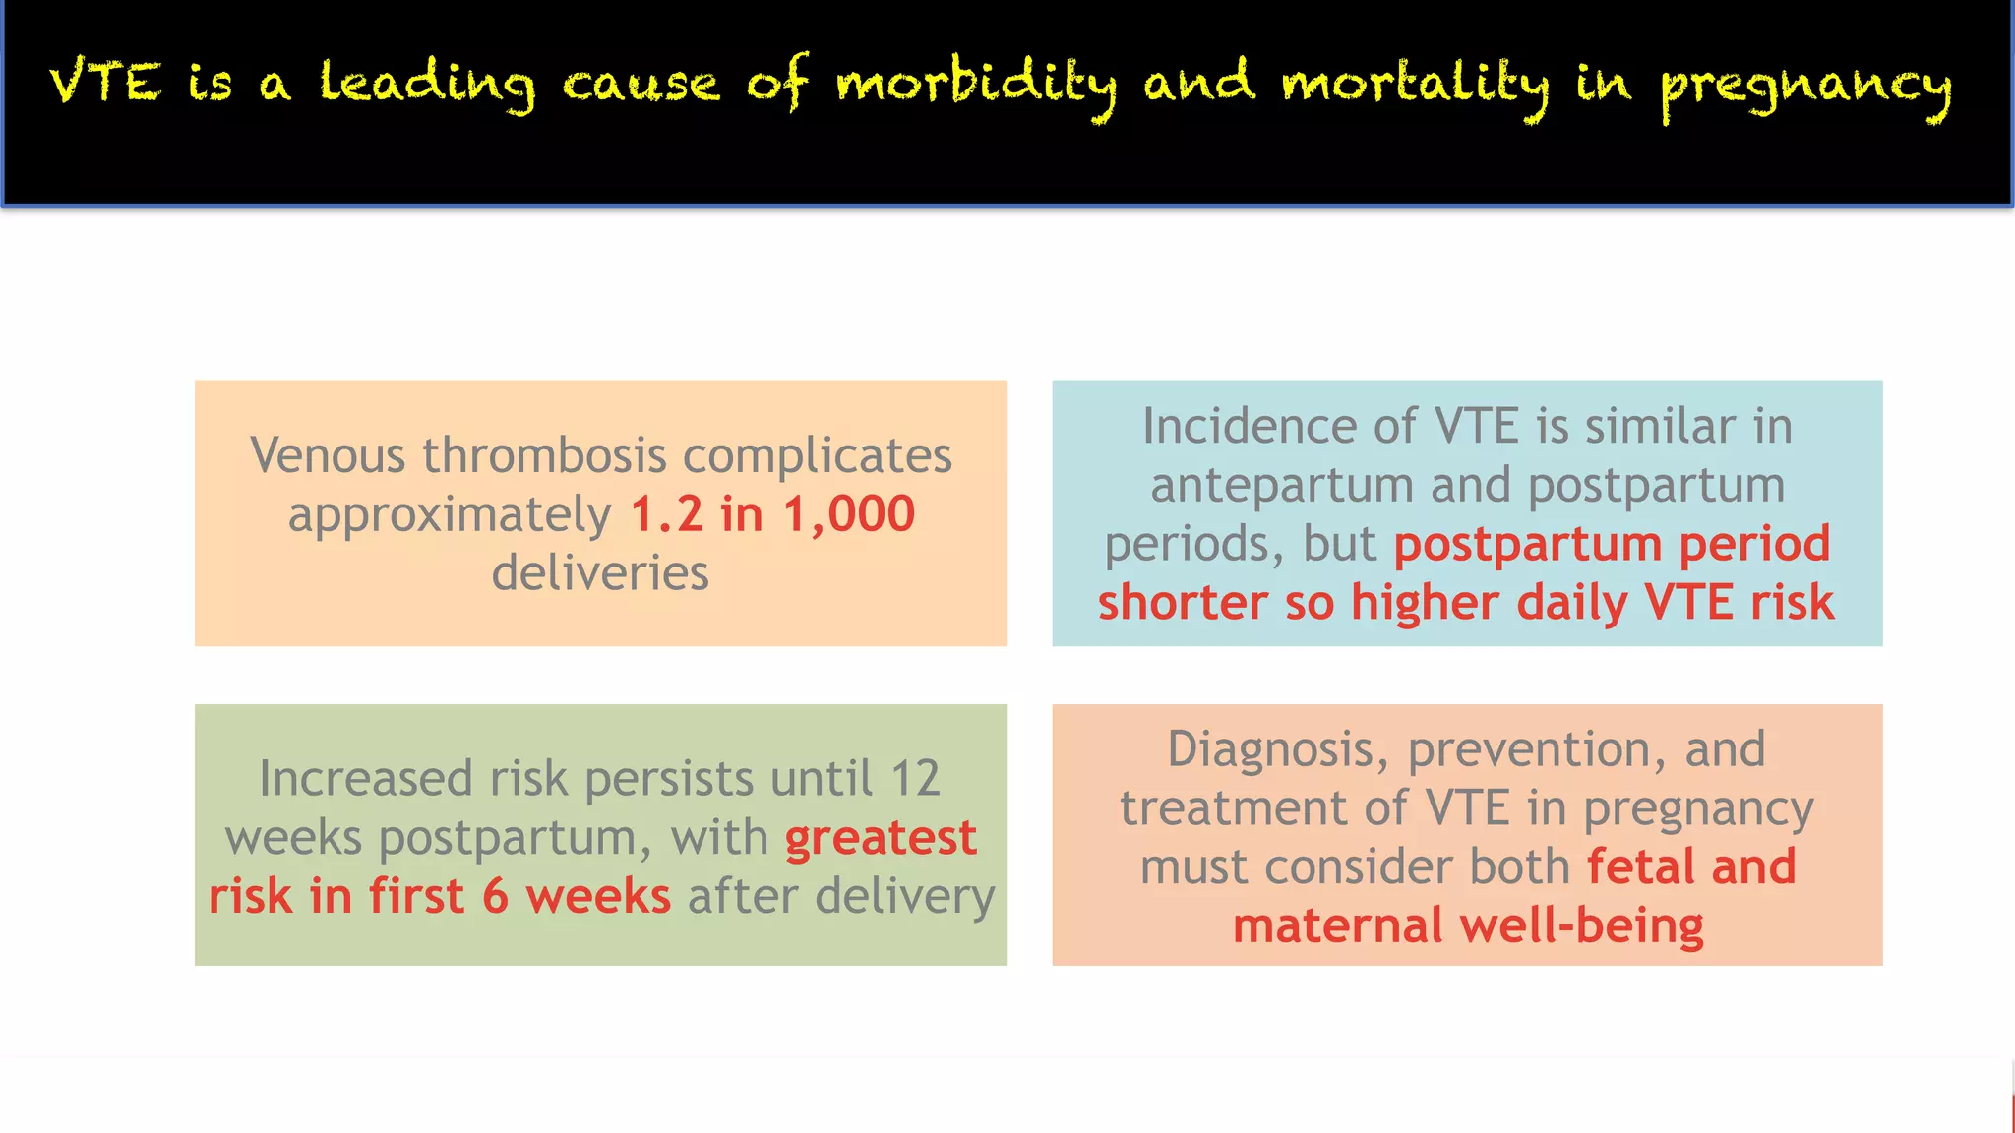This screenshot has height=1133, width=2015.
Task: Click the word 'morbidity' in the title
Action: (976, 83)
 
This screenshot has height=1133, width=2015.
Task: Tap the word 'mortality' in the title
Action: (1414, 83)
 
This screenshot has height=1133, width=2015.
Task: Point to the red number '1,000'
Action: (849, 514)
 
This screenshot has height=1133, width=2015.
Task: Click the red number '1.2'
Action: (666, 514)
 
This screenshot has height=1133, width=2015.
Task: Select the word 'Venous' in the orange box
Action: (328, 455)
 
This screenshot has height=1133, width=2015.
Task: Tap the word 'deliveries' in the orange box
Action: (600, 573)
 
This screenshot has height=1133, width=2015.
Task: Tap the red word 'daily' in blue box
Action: (1571, 603)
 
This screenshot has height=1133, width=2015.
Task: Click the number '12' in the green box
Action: (915, 779)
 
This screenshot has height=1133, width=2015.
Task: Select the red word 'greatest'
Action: (881, 838)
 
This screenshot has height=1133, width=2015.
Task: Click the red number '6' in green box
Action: (495, 897)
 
